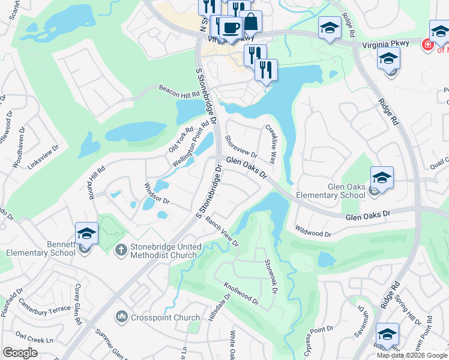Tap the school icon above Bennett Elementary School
86,233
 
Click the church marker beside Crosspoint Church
122,316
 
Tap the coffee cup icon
230,27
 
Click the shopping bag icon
251,22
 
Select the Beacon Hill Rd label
178,91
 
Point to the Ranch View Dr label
223,231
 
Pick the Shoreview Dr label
241,147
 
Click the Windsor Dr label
157,193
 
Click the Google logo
20,353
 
